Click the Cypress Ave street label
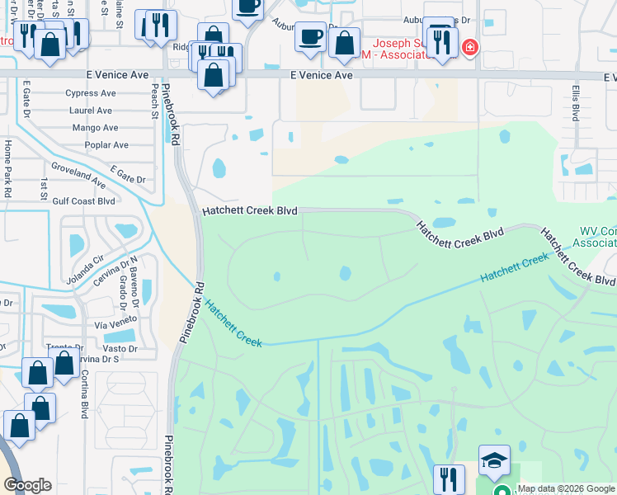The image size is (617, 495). pyautogui.click(x=91, y=93)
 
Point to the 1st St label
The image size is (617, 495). pyautogui.click(x=43, y=188)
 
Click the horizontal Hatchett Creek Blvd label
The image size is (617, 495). pyautogui.click(x=249, y=212)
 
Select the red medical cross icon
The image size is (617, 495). pyautogui.click(x=470, y=48)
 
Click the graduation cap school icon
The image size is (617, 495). pyautogui.click(x=494, y=460)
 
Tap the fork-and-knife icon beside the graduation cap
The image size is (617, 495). pyautogui.click(x=449, y=478)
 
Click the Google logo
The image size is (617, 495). pyautogui.click(x=27, y=485)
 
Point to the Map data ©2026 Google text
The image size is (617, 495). pyautogui.click(x=566, y=488)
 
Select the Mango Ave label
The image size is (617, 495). pyautogui.click(x=95, y=128)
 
